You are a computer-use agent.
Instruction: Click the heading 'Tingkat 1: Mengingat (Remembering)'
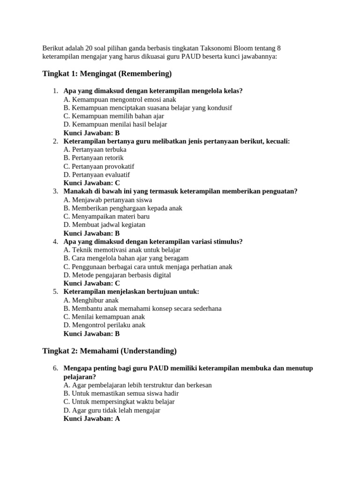click(107, 74)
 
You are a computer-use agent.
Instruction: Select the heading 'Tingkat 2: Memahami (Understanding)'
click(109, 351)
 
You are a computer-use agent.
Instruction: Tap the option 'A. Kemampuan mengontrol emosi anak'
click(120, 99)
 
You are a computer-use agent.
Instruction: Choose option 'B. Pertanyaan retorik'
click(93, 158)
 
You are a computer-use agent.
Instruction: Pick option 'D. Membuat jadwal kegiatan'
click(104, 225)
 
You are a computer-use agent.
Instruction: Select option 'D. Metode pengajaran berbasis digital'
click(117, 275)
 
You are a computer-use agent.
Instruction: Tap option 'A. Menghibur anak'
click(91, 300)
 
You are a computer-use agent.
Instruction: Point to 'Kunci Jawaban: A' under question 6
click(92, 419)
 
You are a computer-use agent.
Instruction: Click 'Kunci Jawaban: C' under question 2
click(92, 183)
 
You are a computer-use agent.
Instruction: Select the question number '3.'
click(55, 191)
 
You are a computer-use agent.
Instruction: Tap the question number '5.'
click(55, 292)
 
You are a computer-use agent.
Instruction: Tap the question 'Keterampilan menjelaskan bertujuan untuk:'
click(131, 292)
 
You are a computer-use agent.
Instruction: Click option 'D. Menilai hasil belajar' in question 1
click(115, 124)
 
